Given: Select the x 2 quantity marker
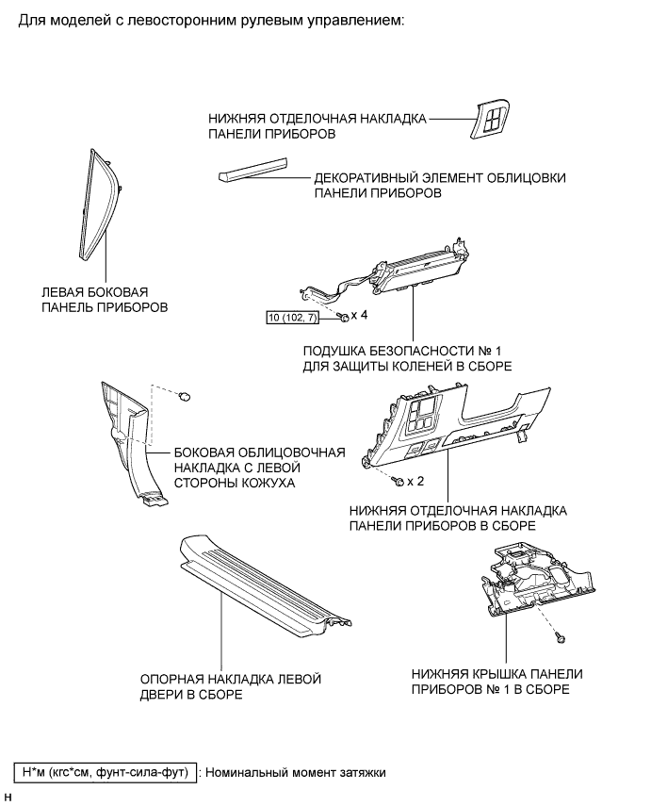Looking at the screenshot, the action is point(417,481).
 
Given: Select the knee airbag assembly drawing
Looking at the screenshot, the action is point(396,274).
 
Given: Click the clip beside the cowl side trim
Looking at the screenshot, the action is point(187,393).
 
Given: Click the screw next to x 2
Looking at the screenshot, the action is point(399,482).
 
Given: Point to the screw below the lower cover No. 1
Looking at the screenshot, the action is point(560,637).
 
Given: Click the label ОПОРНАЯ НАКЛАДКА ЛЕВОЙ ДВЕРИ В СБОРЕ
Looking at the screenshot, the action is point(231,686).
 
